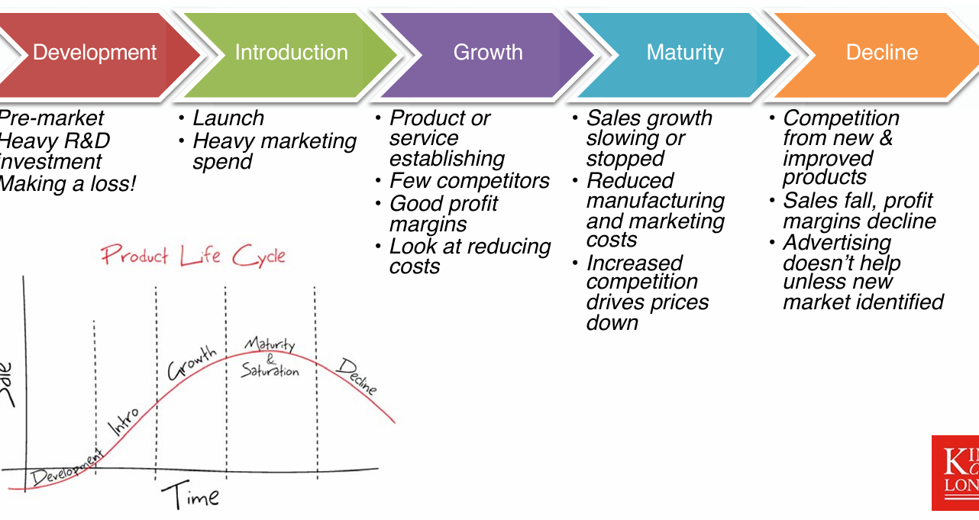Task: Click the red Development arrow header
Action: pos(95,53)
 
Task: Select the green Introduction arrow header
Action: pos(291,53)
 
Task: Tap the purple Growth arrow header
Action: pos(488,53)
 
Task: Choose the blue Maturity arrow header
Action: pos(684,53)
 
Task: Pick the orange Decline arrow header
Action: pos(881,53)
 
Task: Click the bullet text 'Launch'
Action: pos(228,118)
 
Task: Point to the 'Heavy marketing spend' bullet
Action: pos(273,151)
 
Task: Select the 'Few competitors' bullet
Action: pos(469,181)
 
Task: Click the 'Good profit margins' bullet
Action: pos(443,214)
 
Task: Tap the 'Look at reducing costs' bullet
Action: pos(469,256)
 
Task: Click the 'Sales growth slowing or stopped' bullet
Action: pos(648,138)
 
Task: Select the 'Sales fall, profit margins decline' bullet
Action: pos(858,211)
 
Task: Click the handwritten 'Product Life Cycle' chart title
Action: pos(193,255)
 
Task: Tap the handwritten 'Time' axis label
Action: pos(189,497)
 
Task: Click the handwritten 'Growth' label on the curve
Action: pos(192,363)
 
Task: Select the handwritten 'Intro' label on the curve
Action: pos(124,421)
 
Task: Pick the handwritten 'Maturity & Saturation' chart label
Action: pos(270,358)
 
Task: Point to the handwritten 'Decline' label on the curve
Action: pos(357,376)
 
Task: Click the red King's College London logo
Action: pos(955,473)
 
